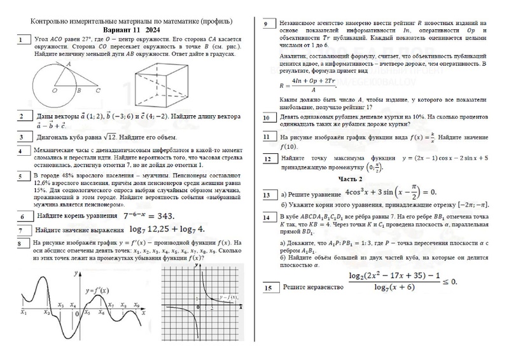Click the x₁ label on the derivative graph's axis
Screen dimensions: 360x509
(24, 312)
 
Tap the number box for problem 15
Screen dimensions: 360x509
(268, 288)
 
